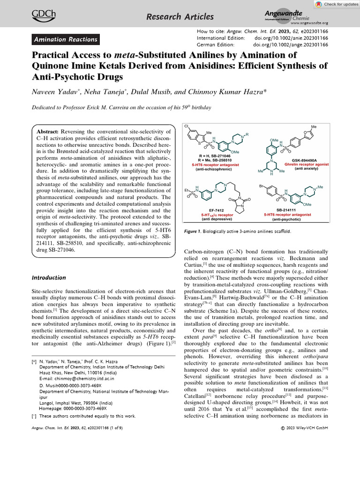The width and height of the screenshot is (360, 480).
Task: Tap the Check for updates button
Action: (334, 4)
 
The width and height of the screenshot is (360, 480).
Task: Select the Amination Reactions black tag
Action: (66, 40)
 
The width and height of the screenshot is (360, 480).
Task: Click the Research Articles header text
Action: (180, 17)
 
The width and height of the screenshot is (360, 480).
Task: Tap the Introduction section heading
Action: (49, 277)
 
